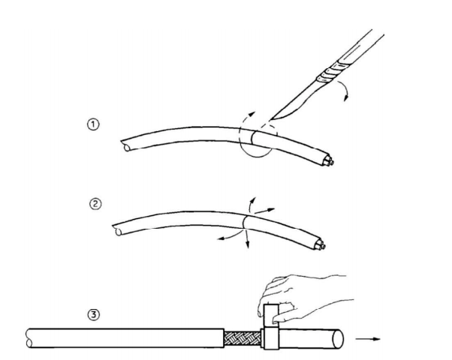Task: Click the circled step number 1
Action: coord(93,124)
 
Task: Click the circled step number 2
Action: coord(95,204)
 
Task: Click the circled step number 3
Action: coord(94,314)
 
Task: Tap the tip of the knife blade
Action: coord(270,119)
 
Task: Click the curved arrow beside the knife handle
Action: coord(344,91)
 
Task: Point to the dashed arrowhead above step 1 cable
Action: coord(252,113)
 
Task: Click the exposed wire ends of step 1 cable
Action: coord(328,161)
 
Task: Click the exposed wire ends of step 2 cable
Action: coord(320,245)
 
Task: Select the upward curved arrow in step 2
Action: coord(252,205)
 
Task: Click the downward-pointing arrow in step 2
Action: coord(247,238)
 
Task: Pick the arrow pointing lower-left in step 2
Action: coord(229,235)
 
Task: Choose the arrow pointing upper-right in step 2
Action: coord(264,211)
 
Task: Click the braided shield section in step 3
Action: coord(243,339)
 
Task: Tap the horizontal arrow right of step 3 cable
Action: coord(368,339)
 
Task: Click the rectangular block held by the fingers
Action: coord(271,326)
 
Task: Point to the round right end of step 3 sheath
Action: coord(338,339)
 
